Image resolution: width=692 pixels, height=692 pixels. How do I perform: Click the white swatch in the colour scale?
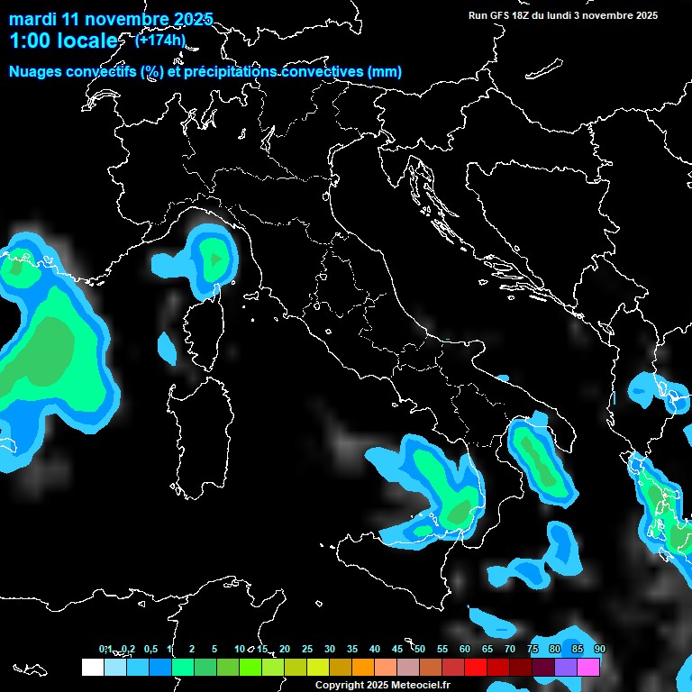tap(92, 668)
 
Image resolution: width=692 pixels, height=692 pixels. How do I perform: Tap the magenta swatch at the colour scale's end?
tap(588, 668)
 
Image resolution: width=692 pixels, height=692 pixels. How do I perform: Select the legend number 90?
tap(599, 650)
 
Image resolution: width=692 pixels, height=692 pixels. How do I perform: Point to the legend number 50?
tap(420, 650)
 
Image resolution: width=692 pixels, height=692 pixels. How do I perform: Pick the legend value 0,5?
tap(150, 650)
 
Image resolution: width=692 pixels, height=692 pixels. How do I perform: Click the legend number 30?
tap(330, 650)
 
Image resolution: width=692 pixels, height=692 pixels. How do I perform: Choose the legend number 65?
tap(487, 650)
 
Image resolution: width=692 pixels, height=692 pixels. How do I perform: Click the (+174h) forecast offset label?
tap(159, 40)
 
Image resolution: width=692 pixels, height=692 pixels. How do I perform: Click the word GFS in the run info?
tap(503, 15)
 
